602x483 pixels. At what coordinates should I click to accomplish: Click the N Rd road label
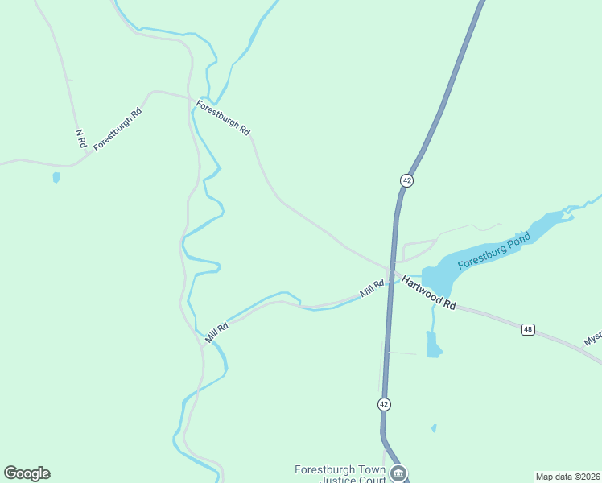coord(80,138)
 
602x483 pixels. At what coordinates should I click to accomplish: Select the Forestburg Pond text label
coord(494,253)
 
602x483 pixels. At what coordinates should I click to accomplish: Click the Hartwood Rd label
coord(429,294)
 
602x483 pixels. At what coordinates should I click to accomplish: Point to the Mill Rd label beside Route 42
coord(372,287)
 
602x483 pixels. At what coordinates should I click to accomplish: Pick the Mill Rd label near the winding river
coord(216,332)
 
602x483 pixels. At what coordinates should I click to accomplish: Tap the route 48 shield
coord(527,329)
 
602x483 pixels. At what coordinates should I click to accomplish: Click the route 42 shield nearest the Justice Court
coord(384,403)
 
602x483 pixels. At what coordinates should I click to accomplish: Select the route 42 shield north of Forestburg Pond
coord(406,180)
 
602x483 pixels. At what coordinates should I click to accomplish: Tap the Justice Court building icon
coord(398,473)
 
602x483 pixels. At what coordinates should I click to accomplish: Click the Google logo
coord(27,473)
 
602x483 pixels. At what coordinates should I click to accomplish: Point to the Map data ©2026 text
coord(567,477)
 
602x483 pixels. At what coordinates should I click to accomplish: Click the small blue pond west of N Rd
coord(56,177)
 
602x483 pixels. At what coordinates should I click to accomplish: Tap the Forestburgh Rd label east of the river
coord(223,119)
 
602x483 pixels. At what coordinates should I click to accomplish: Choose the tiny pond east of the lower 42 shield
coord(434,428)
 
